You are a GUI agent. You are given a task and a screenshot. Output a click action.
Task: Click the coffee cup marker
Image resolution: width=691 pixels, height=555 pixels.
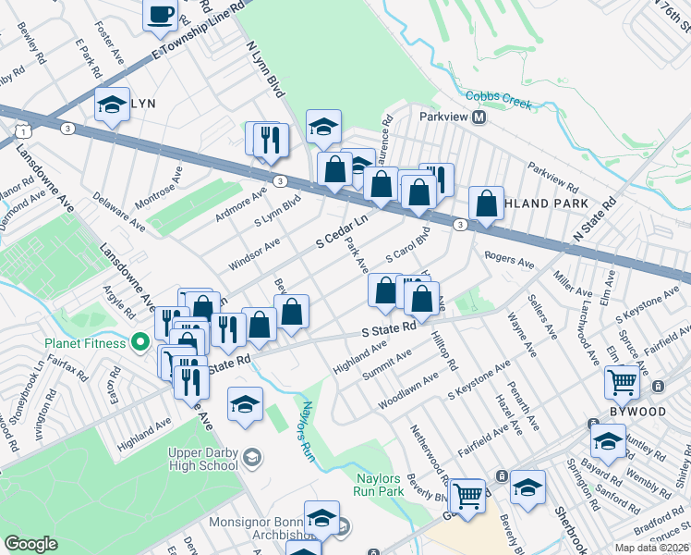[x=161, y=15]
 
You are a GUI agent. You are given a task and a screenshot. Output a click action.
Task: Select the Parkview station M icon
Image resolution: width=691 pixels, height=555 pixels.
[x=479, y=117]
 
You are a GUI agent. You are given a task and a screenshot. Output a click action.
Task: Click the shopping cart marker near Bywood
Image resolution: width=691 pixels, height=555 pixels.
[x=622, y=380]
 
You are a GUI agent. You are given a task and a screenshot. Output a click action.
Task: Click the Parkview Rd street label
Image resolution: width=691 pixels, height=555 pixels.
[x=552, y=172]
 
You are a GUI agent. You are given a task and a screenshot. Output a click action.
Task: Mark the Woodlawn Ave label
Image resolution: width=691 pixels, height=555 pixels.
[x=407, y=392]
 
